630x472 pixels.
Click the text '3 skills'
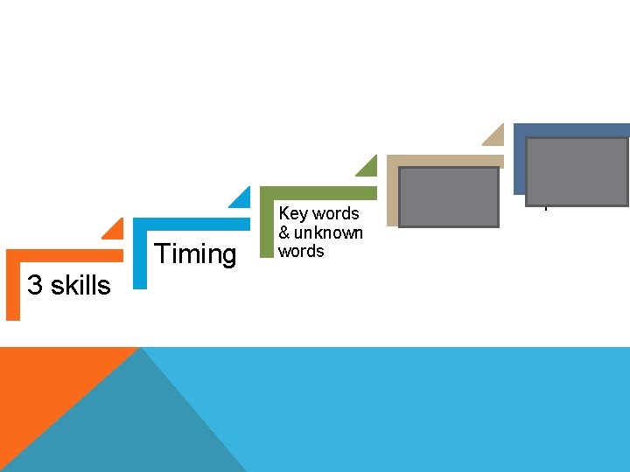tap(69, 285)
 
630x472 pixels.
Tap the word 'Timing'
tap(195, 254)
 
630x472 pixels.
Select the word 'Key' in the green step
tap(292, 213)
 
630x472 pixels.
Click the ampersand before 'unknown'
tap(284, 233)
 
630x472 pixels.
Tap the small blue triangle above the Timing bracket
tap(241, 199)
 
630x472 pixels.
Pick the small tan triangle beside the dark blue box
tap(495, 135)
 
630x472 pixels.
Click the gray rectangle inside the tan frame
tap(448, 197)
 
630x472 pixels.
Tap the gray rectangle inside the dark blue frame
tap(577, 171)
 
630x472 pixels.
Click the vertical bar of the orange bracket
tap(12, 288)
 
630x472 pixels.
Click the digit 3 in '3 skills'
tap(34, 285)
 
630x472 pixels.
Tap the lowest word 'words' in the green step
tap(301, 252)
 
